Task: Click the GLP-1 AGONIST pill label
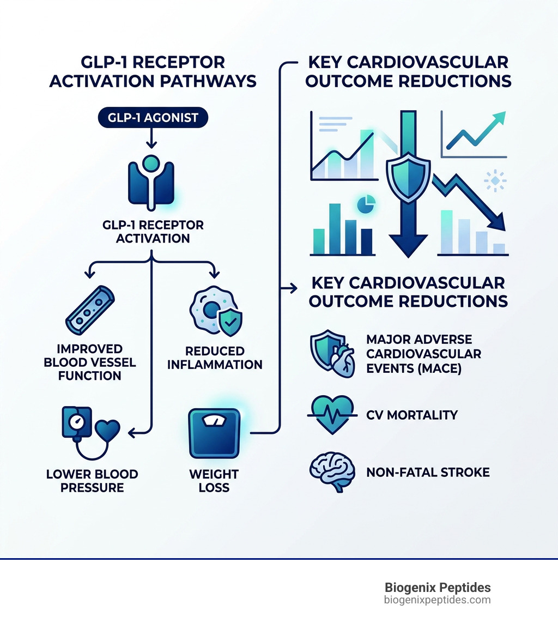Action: point(152,118)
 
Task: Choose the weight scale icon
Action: point(214,433)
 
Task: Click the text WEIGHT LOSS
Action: point(214,480)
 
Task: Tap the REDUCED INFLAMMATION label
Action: point(215,358)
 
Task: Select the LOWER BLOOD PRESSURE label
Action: point(92,480)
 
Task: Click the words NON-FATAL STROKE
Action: point(428,471)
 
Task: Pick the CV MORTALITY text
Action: point(412,415)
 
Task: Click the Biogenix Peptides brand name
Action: point(438,588)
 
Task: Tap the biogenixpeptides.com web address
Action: point(438,600)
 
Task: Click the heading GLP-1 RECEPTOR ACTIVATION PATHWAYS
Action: point(153,71)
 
